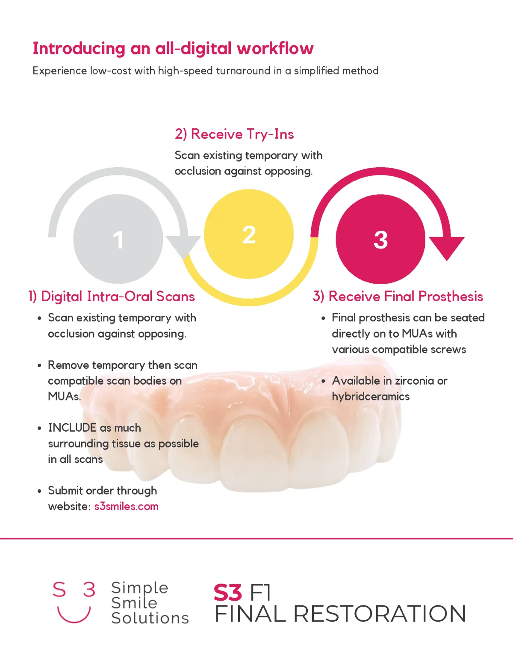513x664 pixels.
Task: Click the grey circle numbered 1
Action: pyautogui.click(x=118, y=239)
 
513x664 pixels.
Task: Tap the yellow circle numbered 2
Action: pyautogui.click(x=249, y=234)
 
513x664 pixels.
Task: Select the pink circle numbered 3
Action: pyautogui.click(x=380, y=239)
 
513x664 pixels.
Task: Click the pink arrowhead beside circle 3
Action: pyautogui.click(x=447, y=248)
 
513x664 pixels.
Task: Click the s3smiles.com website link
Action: pyautogui.click(x=127, y=506)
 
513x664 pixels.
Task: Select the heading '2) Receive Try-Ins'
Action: pyautogui.click(x=234, y=134)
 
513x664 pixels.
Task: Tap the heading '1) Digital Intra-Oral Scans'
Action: pyautogui.click(x=112, y=296)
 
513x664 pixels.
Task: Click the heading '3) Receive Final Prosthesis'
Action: pyautogui.click(x=398, y=296)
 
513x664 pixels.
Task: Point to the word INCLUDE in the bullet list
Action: pyautogui.click(x=72, y=428)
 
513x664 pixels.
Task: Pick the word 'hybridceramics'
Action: pyautogui.click(x=371, y=397)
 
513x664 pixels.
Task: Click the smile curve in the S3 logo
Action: pyautogui.click(x=74, y=614)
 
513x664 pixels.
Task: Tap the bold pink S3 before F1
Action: pyautogui.click(x=228, y=593)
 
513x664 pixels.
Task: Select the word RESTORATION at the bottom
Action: pyautogui.click(x=380, y=614)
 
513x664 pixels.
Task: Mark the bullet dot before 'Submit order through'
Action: pyautogui.click(x=39, y=491)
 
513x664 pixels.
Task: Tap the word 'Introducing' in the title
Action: pyautogui.click(x=79, y=48)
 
